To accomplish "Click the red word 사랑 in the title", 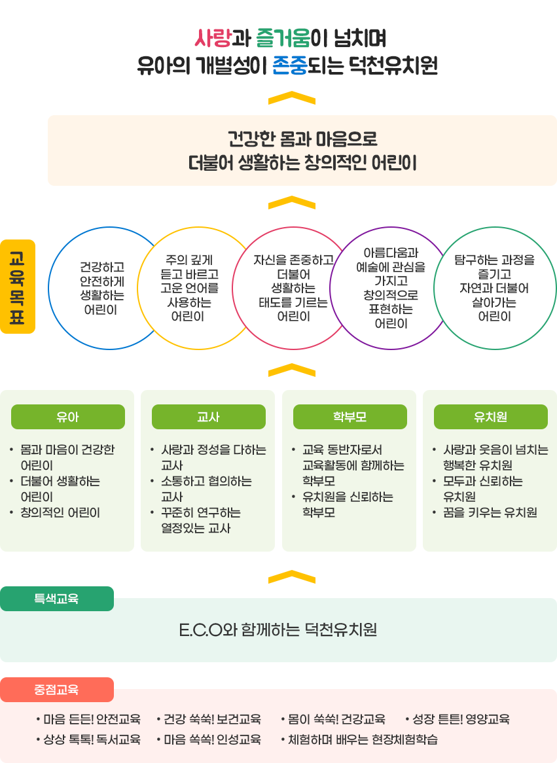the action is pos(212,38).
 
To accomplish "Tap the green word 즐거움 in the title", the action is pos(283,38).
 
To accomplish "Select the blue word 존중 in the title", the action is pos(290,65).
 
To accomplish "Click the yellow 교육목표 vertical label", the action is pos(18,287).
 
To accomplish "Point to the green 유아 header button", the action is pos(67,417).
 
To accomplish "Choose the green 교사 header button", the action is pos(208,417).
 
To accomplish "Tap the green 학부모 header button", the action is pos(350,417).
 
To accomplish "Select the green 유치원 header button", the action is pos(490,417).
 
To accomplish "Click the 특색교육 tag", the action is pos(56,599).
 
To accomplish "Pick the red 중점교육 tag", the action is pos(56,690).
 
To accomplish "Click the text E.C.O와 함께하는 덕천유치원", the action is pos(278,630).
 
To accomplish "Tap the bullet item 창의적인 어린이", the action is pos(60,512).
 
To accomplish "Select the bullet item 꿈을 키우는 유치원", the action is pos(490,512).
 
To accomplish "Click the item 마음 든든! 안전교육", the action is pos(92,719).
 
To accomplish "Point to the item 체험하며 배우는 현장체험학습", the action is pos(363,739).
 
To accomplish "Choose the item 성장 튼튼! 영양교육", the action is pos(461,719).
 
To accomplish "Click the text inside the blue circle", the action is pos(101,288).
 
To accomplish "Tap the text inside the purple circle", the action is pos(391,288).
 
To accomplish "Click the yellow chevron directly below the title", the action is pos(292,98).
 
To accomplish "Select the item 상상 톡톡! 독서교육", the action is pos(92,739).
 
